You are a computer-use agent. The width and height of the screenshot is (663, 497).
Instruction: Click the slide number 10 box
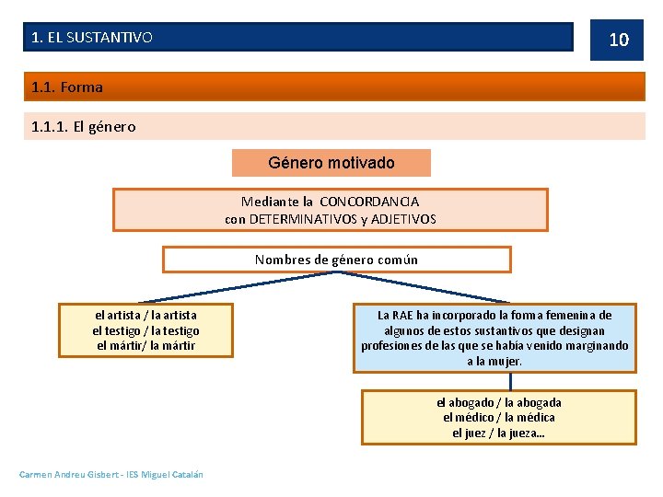(x=618, y=39)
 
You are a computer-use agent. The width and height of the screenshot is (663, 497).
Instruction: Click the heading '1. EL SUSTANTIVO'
(x=92, y=38)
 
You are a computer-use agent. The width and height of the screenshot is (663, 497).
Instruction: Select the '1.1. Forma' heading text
(x=66, y=87)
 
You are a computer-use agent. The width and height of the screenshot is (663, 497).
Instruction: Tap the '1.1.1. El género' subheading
(x=83, y=127)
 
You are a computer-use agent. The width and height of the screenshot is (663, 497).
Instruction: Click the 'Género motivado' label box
(x=331, y=163)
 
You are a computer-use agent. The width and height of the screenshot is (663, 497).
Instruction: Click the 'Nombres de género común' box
(x=336, y=260)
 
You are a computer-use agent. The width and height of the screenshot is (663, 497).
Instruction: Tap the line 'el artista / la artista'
(x=145, y=315)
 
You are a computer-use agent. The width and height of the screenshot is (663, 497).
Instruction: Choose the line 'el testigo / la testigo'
(x=145, y=330)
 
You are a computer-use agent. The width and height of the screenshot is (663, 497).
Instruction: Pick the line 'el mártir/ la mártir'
(x=145, y=346)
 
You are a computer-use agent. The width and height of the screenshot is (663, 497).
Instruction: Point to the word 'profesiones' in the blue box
(x=392, y=346)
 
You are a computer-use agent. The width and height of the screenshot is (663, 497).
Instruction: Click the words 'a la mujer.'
(x=494, y=362)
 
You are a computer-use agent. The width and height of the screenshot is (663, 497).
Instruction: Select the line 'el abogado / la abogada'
(x=498, y=402)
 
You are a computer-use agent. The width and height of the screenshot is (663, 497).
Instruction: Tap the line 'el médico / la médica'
(x=498, y=418)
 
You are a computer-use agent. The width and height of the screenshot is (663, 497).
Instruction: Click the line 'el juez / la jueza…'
(x=498, y=433)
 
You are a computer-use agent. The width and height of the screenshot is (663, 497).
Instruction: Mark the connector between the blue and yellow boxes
(x=497, y=382)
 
